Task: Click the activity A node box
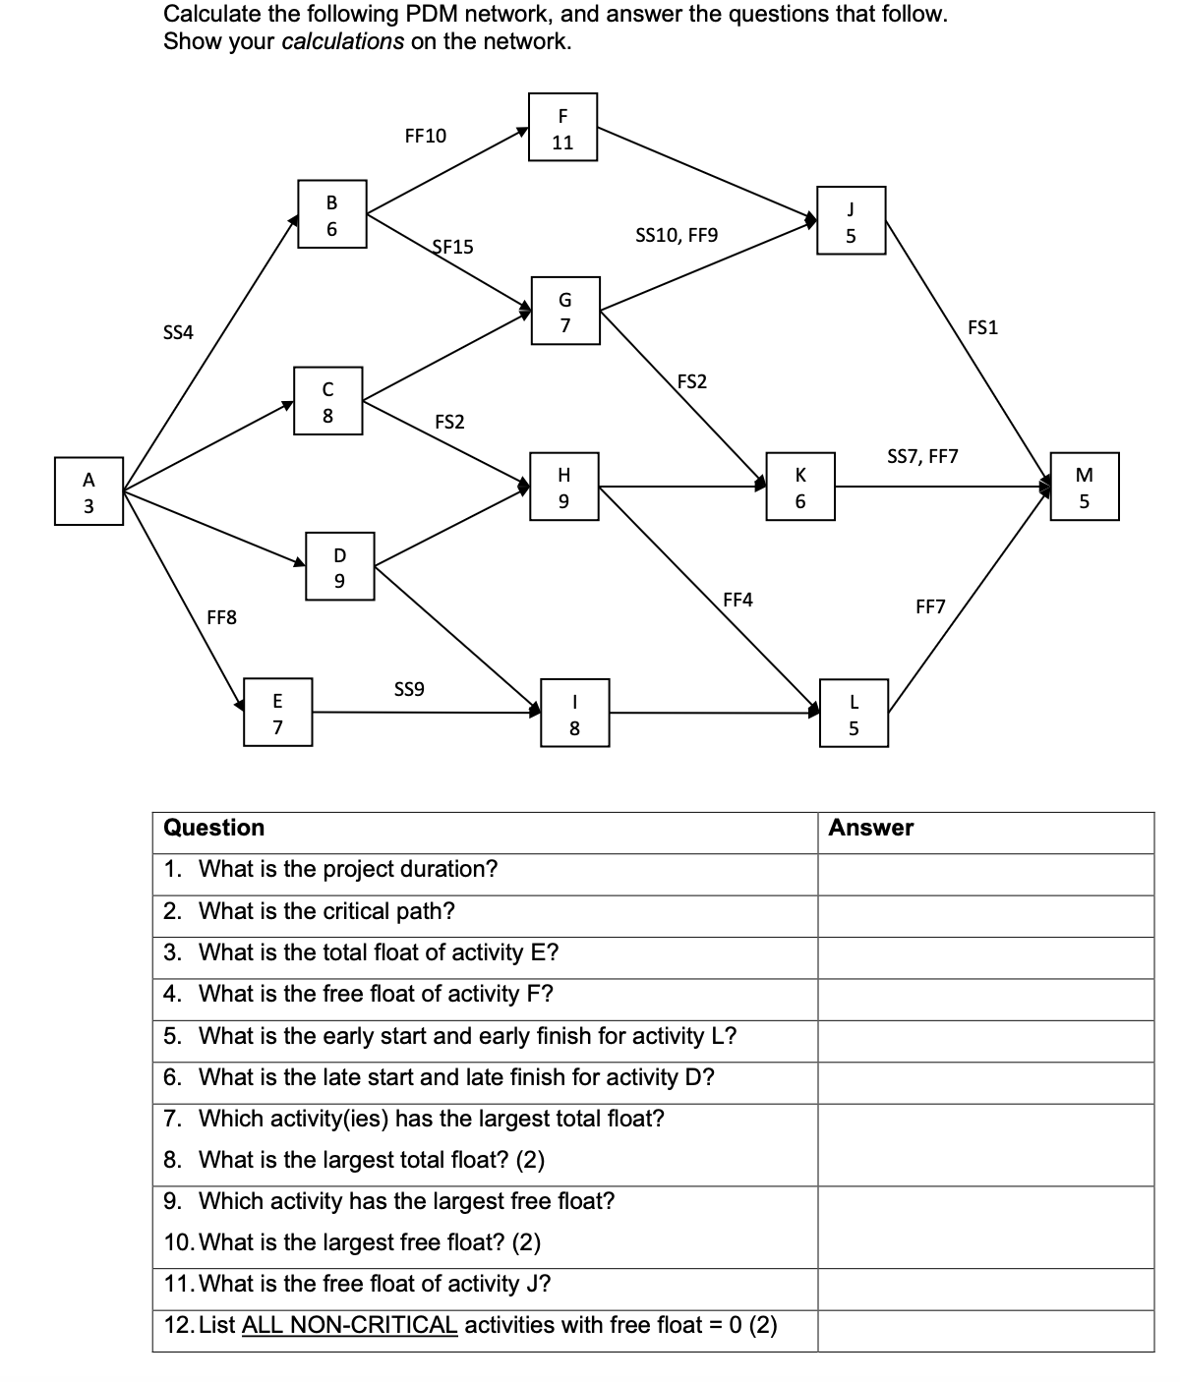coord(88,491)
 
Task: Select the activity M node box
coord(1085,488)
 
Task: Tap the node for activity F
coord(562,127)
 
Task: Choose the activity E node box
coord(278,713)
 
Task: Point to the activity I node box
coord(574,714)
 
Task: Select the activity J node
coord(851,221)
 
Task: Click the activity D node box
coord(339,567)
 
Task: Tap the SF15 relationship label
coord(452,248)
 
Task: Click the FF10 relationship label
coord(425,136)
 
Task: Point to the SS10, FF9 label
coord(677,235)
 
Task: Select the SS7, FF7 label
coord(921,456)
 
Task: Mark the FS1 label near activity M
coord(982,327)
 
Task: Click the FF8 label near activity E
coord(221,617)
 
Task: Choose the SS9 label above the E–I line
coord(409,689)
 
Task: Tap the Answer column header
coord(870,828)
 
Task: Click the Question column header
coord(213,828)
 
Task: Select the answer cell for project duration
coord(984,870)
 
